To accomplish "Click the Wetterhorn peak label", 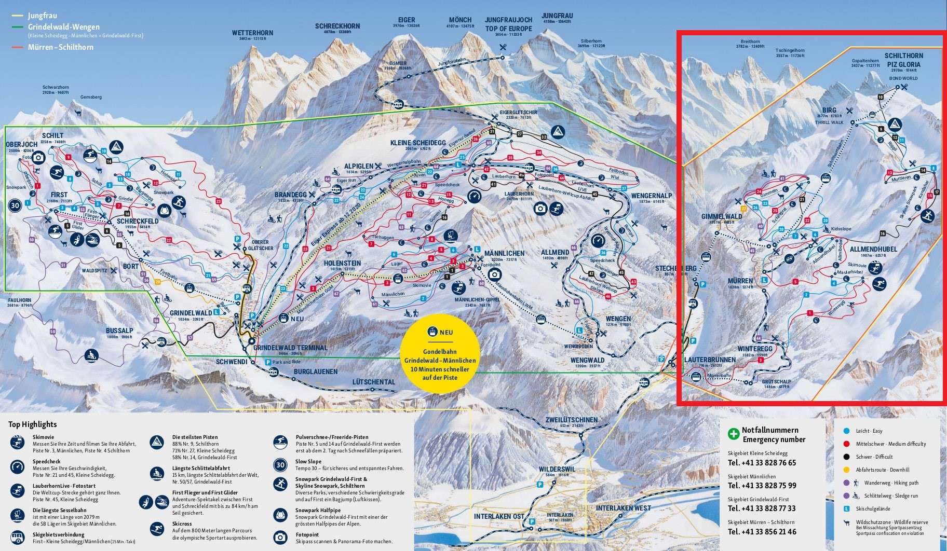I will tap(252, 33).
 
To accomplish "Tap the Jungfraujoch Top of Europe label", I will tap(508, 24).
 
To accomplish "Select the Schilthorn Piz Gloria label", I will tap(903, 60).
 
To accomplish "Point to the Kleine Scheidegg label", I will tap(418, 143).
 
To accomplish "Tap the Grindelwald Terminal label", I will tap(290, 348).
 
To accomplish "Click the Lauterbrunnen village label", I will tap(710, 359).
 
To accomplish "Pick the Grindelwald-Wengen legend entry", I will tap(63, 27).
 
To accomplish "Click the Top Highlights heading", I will tap(32, 424).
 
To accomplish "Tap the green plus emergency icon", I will tap(733, 434).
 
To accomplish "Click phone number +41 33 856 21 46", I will tap(762, 531).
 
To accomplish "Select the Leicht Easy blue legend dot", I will tap(847, 431).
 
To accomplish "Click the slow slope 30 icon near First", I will tap(15, 205).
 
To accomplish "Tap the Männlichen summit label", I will tap(504, 253).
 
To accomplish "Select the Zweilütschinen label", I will tap(571, 420).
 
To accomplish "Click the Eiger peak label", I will tap(407, 20).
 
